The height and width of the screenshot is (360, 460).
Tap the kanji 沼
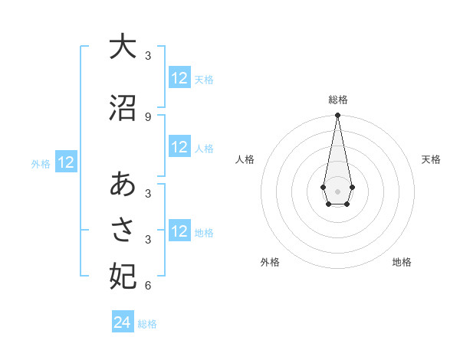123,108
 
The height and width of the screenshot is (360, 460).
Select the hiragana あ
123,184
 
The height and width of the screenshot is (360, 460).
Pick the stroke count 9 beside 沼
147,116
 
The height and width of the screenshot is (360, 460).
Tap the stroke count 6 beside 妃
147,286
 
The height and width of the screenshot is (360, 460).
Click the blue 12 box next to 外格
65,162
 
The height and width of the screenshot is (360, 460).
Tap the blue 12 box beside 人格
179,148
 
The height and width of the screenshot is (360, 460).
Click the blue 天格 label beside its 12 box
204,79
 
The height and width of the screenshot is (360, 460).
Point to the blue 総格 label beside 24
147,324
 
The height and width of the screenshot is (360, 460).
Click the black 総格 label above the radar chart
338,100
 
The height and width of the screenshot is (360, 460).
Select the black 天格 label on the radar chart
431,159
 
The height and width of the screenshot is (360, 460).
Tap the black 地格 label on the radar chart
402,262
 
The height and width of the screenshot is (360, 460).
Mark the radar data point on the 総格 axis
337,115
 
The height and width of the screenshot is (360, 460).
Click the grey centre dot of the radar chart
337,190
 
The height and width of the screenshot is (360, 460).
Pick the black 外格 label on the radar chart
270,262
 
